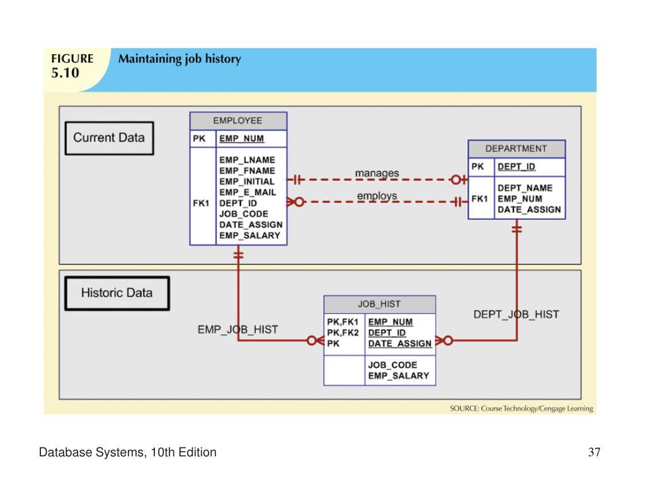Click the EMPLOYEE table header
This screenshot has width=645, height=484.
tap(238, 121)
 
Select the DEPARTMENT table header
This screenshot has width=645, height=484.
tap(517, 149)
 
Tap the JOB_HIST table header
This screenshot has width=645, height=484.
tap(379, 304)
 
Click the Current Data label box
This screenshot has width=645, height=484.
tap(110, 138)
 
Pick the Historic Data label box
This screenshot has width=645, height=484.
tap(117, 293)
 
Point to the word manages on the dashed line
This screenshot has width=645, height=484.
tap(377, 173)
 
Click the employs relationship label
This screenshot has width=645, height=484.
tap(377, 196)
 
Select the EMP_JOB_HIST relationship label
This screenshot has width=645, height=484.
tap(237, 330)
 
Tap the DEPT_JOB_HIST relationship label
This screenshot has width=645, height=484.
tap(517, 314)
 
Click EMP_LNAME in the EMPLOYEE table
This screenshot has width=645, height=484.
tap(247, 159)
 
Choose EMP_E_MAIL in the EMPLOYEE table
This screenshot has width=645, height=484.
tap(248, 192)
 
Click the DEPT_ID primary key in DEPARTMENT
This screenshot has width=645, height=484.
tap(517, 166)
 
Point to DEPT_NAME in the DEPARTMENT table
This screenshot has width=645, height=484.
tap(525, 188)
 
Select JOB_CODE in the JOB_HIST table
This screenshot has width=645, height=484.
tap(392, 365)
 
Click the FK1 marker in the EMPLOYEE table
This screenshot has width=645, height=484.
tap(201, 204)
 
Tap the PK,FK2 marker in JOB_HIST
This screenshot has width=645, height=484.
tap(343, 333)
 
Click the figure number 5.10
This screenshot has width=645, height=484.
tap(65, 73)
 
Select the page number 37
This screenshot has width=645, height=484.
tap(595, 452)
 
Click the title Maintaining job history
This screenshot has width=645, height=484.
tap(180, 59)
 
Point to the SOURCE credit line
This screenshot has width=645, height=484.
tap(521, 408)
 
